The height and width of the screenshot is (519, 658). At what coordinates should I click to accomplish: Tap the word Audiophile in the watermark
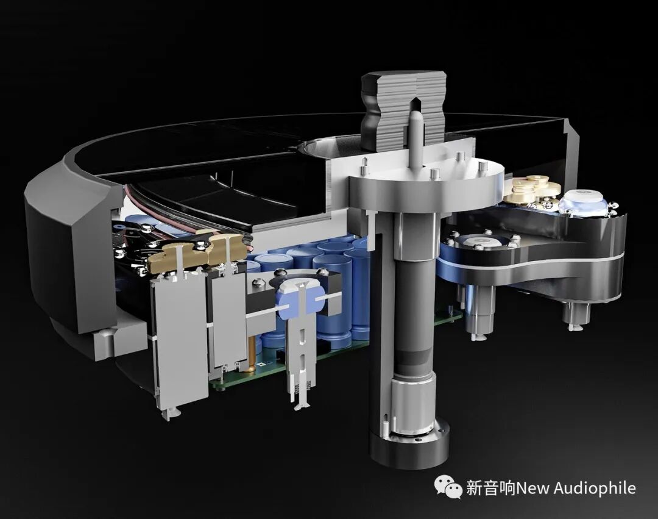pyautogui.click(x=595, y=489)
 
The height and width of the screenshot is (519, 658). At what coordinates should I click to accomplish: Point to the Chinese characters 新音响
pyautogui.click(x=490, y=489)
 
